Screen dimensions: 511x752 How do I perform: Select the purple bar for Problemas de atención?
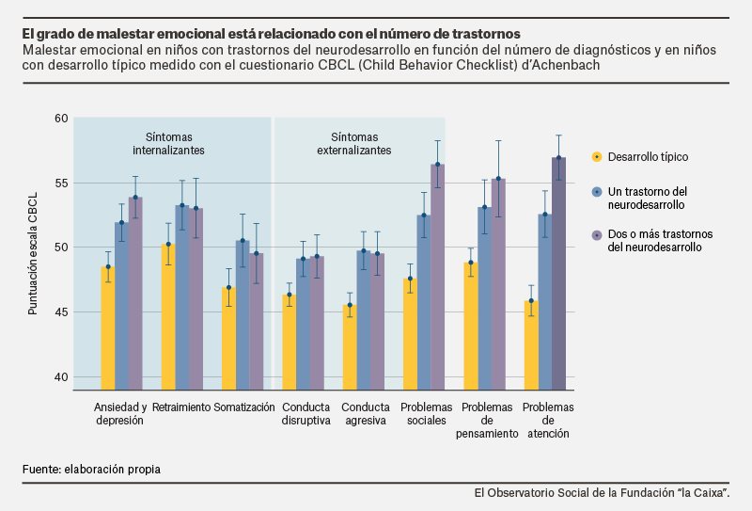pos(558,273)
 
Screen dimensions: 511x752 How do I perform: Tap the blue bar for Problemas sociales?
pos(424,301)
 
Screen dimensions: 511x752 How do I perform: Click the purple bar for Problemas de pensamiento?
pos(498,282)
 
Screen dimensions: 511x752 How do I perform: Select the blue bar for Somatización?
pos(243,314)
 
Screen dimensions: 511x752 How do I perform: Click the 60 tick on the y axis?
pos(61,118)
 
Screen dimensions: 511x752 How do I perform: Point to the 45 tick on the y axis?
pos(61,311)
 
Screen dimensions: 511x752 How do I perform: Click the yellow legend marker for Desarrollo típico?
pos(596,156)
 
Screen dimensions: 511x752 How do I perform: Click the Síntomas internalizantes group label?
pos(168,143)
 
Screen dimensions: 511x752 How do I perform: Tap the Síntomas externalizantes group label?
pos(354,143)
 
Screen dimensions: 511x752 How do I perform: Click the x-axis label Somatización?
pos(243,407)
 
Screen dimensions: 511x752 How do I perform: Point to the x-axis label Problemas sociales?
pos(425,413)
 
